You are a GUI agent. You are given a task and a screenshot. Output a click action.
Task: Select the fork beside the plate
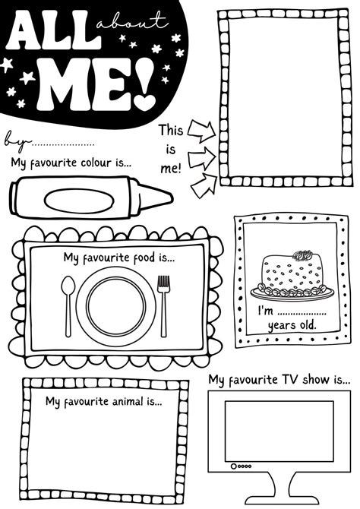click(x=163, y=302)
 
